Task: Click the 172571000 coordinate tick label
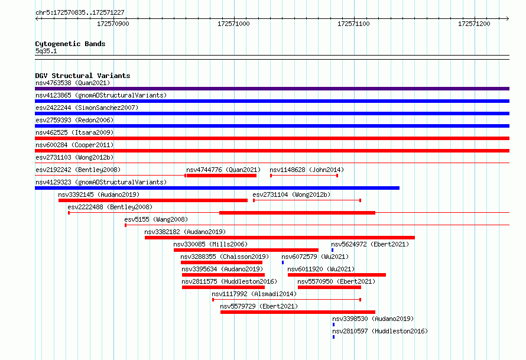click(x=233, y=24)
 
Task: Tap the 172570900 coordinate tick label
click(x=113, y=24)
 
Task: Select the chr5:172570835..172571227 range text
click(x=80, y=13)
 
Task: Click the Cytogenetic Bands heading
click(x=70, y=44)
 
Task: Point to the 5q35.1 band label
click(x=46, y=51)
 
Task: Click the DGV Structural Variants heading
click(x=83, y=76)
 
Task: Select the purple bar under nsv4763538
click(x=272, y=89)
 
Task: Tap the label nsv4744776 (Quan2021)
click(x=223, y=170)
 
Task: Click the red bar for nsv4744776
click(x=222, y=176)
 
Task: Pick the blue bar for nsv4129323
click(x=217, y=188)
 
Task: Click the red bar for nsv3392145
click(x=153, y=200)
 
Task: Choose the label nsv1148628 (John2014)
click(x=307, y=170)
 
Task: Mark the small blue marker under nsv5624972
click(x=332, y=250)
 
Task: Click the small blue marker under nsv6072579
click(x=283, y=262)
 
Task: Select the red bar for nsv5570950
click(x=329, y=287)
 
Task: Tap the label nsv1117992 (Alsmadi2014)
click(x=254, y=294)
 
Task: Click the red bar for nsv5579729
click(x=298, y=312)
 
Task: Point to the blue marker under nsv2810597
click(x=333, y=337)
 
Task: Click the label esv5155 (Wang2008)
click(x=156, y=219)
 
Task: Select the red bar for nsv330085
click(x=246, y=250)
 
